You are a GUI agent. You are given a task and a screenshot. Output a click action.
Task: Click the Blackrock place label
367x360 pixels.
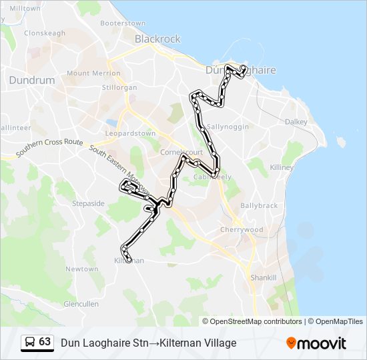click(157, 39)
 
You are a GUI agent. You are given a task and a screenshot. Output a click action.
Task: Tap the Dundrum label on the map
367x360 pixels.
click(31, 80)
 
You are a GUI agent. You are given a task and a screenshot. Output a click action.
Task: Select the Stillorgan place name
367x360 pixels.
click(120, 87)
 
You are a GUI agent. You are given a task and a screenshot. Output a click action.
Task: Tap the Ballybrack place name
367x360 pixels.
click(259, 206)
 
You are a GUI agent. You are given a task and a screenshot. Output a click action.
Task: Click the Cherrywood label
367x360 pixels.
click(242, 230)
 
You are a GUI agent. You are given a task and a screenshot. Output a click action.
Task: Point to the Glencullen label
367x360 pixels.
click(81, 304)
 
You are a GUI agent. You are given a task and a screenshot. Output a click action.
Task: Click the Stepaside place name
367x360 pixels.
click(89, 203)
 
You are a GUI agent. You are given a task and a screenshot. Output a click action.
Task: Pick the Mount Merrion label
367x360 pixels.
click(89, 73)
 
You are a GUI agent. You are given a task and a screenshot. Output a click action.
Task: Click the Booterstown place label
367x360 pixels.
click(123, 23)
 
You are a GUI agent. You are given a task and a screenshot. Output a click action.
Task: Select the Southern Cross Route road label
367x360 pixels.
click(50, 148)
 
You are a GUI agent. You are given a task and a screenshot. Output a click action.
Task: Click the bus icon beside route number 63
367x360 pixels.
click(30, 343)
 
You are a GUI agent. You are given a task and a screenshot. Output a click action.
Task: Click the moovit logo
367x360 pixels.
click(316, 343)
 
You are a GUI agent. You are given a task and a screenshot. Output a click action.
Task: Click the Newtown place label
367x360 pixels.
click(81, 269)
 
